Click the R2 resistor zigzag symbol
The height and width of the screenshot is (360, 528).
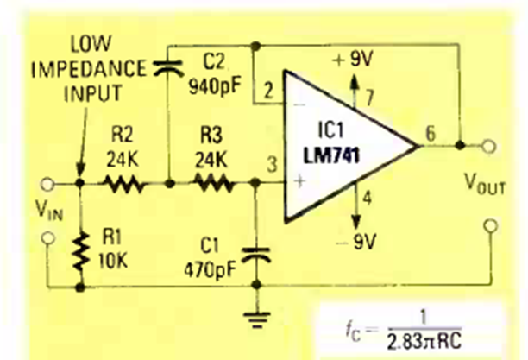pos(124,183)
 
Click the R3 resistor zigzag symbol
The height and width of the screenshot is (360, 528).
pos(211,183)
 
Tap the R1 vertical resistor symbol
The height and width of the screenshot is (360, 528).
pos(80,249)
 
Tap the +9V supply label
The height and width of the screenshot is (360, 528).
pos(353,60)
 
